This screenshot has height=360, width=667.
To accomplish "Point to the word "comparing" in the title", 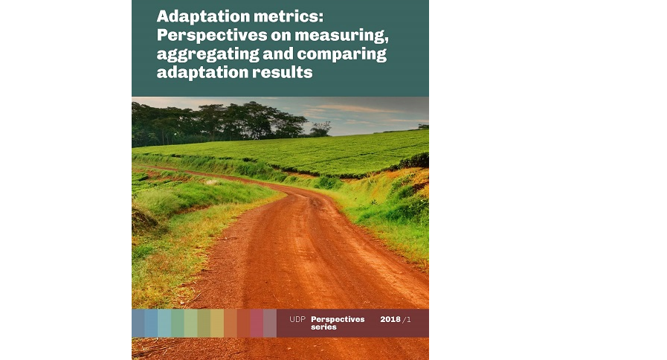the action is click(x=341, y=54).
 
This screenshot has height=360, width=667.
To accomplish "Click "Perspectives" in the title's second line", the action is click(x=212, y=35).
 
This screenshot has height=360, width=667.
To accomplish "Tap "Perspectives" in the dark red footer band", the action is click(x=338, y=319).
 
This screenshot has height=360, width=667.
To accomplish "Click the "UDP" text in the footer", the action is click(x=297, y=319).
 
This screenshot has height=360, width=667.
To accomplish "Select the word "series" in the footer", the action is click(x=323, y=327).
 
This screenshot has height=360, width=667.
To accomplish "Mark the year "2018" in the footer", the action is click(x=390, y=319).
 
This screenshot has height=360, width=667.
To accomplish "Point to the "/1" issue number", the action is click(x=407, y=319).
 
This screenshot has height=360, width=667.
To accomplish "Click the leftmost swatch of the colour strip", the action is click(x=138, y=324).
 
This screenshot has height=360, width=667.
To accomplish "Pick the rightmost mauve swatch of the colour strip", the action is click(x=270, y=324).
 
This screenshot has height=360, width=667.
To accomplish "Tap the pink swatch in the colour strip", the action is click(x=257, y=324).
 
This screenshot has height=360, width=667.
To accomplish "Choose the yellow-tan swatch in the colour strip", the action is click(x=217, y=324).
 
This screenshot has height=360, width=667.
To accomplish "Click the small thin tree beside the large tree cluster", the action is click(x=321, y=129).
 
